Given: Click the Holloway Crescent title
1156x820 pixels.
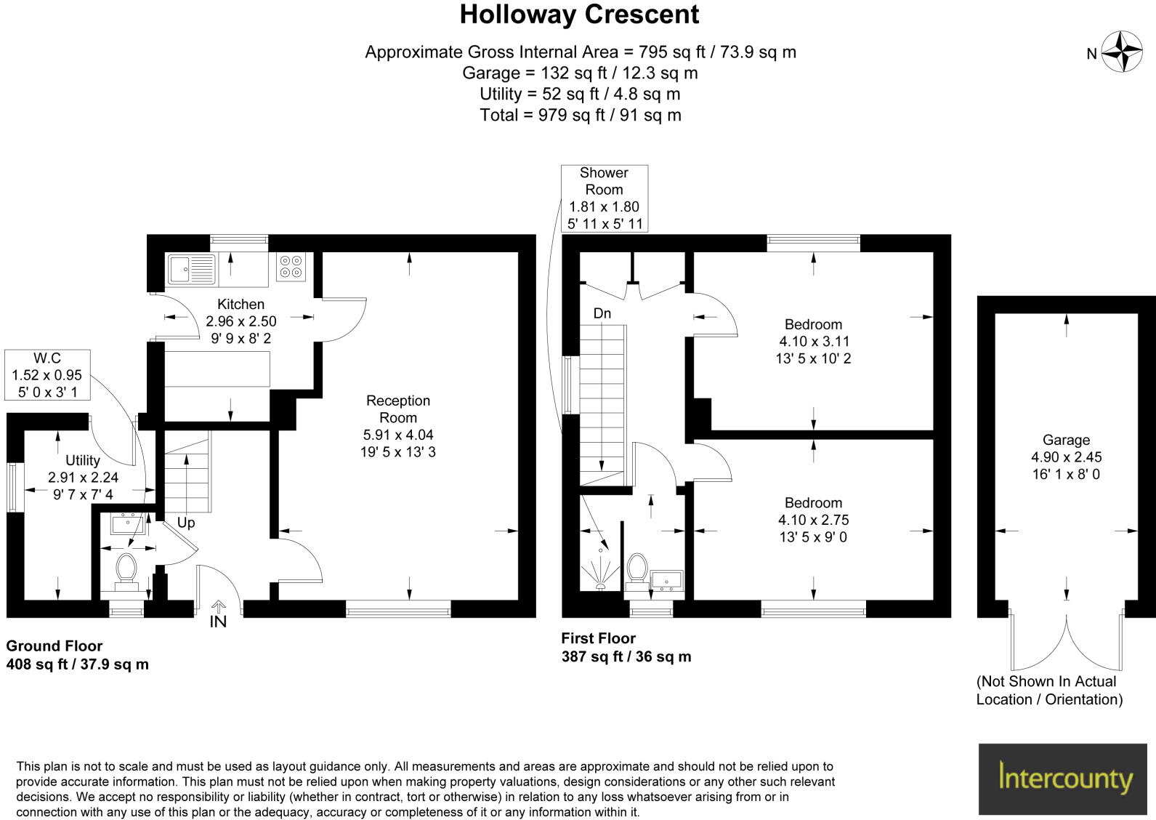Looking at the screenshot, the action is (x=579, y=15).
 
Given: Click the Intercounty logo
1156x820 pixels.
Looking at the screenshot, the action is (x=1065, y=778).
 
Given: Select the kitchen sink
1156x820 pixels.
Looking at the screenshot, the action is (x=192, y=269).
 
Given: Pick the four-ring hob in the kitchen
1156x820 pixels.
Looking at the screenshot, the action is (x=291, y=267).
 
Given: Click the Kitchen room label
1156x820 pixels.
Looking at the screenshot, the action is (x=241, y=305).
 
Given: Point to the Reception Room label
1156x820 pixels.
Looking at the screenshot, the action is (x=397, y=409).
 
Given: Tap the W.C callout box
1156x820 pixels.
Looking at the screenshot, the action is (x=47, y=374).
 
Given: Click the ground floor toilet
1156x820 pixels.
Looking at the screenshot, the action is (x=126, y=569).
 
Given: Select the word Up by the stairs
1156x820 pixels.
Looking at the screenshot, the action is (x=186, y=523).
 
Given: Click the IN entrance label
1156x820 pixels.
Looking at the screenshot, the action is (x=218, y=622).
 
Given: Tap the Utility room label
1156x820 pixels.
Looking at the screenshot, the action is (x=82, y=460).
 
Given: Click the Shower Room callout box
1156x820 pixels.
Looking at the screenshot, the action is (x=604, y=198).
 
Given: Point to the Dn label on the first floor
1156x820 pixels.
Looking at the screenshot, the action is (x=602, y=313).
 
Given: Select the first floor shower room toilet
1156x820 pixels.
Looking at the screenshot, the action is (x=637, y=568).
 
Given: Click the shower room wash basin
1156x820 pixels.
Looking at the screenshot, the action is (x=666, y=580).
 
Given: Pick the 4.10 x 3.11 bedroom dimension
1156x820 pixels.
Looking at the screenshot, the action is (x=813, y=342).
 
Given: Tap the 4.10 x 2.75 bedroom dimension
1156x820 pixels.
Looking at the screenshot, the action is (x=813, y=520).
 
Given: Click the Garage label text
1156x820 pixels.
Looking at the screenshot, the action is (x=1066, y=440).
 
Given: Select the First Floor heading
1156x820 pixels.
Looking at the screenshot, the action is (x=598, y=638).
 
